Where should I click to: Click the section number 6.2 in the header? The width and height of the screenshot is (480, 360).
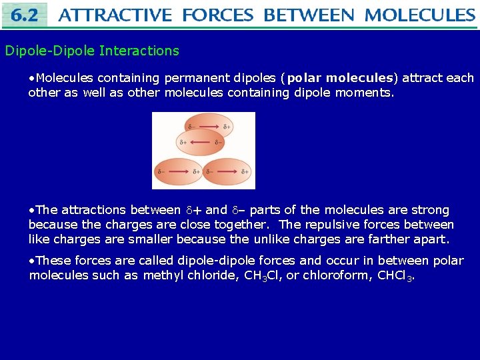coord(25,15)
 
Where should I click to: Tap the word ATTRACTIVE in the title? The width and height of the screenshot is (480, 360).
coord(115,15)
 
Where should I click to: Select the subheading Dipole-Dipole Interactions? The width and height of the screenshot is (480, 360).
coord(92,51)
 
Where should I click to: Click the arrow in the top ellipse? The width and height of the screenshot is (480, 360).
coord(209,126)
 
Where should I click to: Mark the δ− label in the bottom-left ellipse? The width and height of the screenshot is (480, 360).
coord(161,171)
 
